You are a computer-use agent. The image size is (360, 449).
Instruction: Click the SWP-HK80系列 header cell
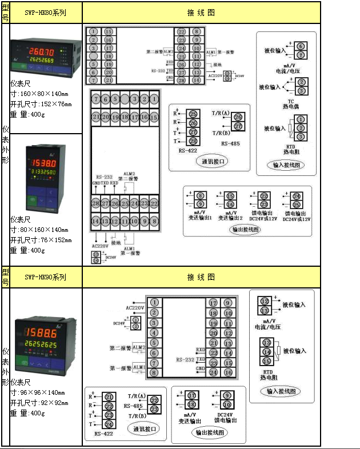[46, 12]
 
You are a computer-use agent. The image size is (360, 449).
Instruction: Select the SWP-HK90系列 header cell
[46, 277]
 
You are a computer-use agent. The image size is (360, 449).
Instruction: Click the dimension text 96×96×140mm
[40, 392]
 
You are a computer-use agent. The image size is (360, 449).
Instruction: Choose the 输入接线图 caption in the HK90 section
[279, 391]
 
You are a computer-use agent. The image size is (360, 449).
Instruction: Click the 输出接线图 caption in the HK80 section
[245, 230]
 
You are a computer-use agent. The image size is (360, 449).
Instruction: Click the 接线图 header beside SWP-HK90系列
[201, 277]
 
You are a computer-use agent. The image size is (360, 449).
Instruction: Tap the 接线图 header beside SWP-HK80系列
[201, 12]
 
